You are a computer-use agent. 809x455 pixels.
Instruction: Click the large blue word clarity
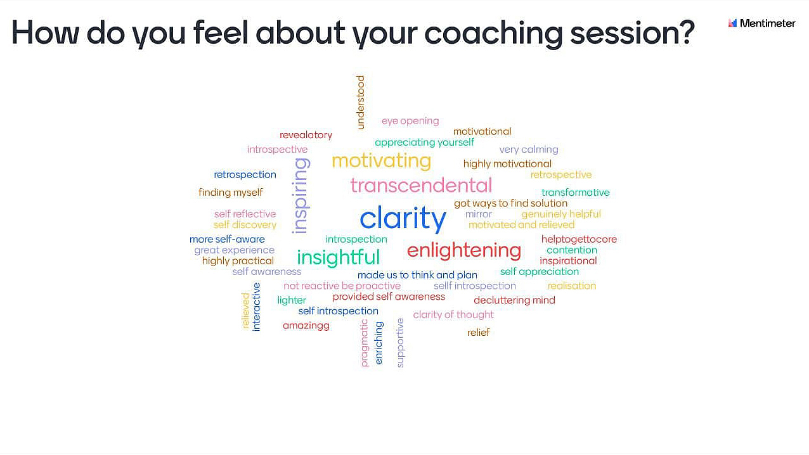[x=403, y=218]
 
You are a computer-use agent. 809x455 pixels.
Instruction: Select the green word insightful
[x=339, y=257]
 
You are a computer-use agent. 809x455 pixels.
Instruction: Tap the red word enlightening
[x=463, y=250]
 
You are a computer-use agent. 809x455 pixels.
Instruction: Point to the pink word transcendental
[x=421, y=185]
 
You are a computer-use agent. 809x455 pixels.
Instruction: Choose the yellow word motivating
[x=382, y=161]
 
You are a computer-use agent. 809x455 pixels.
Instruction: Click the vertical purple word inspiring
[x=301, y=196]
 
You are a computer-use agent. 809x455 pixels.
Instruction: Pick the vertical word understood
[x=361, y=102]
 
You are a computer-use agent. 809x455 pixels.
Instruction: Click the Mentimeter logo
[x=761, y=23]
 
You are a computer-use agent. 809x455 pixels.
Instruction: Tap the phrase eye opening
[x=410, y=121]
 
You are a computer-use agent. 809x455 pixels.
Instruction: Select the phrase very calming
[x=529, y=150]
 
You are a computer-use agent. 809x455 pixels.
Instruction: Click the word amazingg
[x=306, y=326]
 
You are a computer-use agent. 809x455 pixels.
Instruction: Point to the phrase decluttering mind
[x=514, y=300]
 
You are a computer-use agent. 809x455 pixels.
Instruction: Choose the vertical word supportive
[x=400, y=343]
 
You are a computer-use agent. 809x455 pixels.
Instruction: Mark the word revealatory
[x=306, y=135]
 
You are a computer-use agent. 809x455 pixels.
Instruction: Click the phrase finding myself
[x=231, y=193]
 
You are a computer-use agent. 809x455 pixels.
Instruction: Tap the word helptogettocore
[x=579, y=239]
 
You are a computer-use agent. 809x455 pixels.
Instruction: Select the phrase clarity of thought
[x=453, y=315]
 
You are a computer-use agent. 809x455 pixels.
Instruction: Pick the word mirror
[x=479, y=214]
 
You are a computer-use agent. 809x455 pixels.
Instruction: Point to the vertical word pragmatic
[x=364, y=343]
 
